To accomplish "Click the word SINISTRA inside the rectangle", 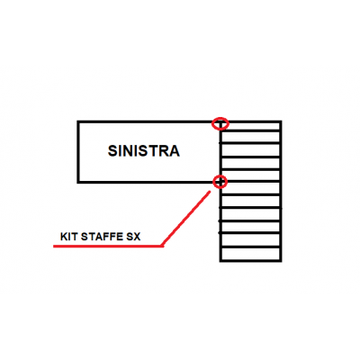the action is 144,150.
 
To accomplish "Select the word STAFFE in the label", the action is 100,237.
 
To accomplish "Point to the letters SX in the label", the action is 131,237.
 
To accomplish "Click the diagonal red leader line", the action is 186,219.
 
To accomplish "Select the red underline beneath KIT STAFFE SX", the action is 108,247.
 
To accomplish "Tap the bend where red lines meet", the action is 162,247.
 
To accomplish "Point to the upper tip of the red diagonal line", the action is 210,191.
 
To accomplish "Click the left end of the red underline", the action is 54,247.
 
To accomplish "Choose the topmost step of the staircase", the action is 250,126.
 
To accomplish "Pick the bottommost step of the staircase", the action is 250,254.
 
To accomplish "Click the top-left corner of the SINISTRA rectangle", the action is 78,121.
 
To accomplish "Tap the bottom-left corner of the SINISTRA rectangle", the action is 78,182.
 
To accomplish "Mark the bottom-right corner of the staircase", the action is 281,261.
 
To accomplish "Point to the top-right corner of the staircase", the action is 281,121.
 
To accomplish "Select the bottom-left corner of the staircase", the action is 220,261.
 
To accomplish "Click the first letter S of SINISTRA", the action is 112,151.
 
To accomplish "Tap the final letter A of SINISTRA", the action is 175,151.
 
